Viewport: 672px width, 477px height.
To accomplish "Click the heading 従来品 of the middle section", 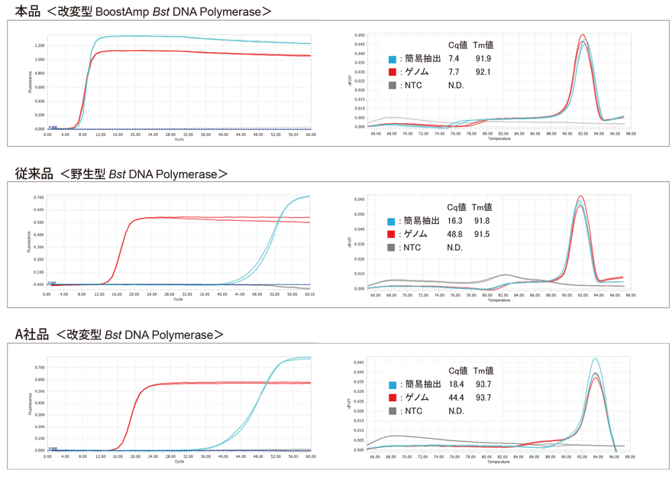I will tap(34, 174).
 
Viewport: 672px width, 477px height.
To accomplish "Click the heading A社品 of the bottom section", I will tap(32, 335).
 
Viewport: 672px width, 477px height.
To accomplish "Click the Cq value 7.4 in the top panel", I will tap(454, 59).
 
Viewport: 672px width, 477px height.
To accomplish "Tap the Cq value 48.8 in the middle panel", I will tap(456, 235).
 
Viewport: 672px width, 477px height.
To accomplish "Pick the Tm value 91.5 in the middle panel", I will tap(482, 235).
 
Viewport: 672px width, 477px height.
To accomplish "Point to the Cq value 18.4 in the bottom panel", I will tap(457, 385).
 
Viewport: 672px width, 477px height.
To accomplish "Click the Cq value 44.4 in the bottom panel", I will tap(457, 397).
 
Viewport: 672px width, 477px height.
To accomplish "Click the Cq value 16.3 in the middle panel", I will tap(456, 221).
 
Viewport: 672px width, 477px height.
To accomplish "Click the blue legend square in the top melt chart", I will tap(392, 59).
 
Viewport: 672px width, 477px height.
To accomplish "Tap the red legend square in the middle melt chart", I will tap(392, 235).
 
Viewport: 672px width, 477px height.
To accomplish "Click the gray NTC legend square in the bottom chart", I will tap(392, 411).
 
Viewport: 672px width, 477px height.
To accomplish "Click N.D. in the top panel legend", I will tap(456, 86).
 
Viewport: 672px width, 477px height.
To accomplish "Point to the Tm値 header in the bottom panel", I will tap(483, 371).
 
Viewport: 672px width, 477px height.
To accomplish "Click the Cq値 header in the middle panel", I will tap(457, 207).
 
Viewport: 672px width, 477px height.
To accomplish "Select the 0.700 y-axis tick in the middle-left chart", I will tap(39, 197).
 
